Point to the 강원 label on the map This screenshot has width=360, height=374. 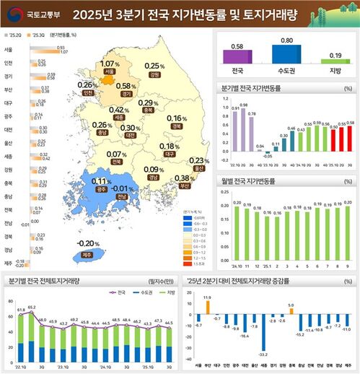(x=153, y=74)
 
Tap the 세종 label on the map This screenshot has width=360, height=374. (x=118, y=116)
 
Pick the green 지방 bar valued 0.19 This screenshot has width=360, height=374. (x=335, y=63)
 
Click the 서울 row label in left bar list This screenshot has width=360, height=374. (x=8, y=50)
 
